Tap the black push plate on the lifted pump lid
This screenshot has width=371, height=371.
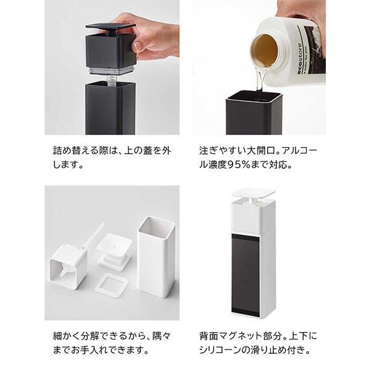coord(111,26)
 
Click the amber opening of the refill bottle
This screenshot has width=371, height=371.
coord(265,51)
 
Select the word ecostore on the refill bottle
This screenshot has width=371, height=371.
coord(301,59)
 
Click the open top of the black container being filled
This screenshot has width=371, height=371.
coord(254,97)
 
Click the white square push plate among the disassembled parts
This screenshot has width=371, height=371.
coord(114,242)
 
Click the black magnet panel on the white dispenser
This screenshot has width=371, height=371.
coord(245,274)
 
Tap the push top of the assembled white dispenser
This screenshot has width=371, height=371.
coord(253,192)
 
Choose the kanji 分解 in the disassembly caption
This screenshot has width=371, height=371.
coord(90,336)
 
